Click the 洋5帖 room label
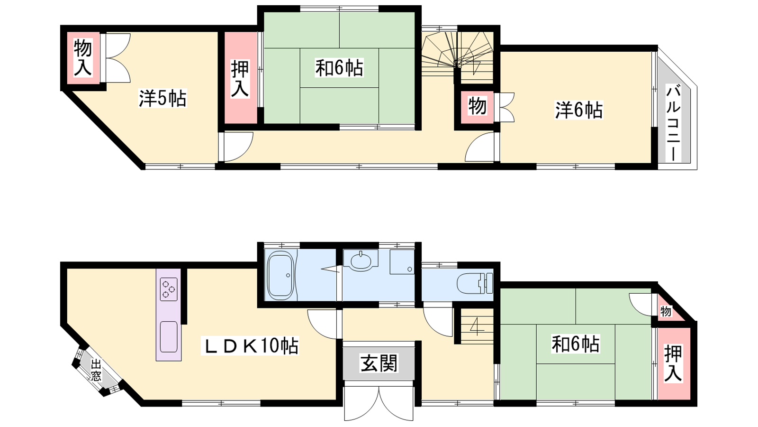click(x=162, y=99)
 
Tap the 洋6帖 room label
click(x=578, y=110)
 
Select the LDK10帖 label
click(x=250, y=345)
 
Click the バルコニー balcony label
click(x=673, y=123)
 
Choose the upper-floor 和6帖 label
click(x=339, y=68)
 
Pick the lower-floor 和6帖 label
click(x=575, y=344)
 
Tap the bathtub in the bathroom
click(x=280, y=275)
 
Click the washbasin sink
click(x=361, y=260)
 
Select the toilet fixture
click(x=475, y=283)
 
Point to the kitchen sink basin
click(x=169, y=336)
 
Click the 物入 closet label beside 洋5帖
click(x=83, y=57)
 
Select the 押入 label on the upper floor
click(x=240, y=79)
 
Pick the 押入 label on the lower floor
click(x=673, y=362)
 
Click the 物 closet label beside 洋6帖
click(x=478, y=106)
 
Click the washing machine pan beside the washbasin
click(x=402, y=261)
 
